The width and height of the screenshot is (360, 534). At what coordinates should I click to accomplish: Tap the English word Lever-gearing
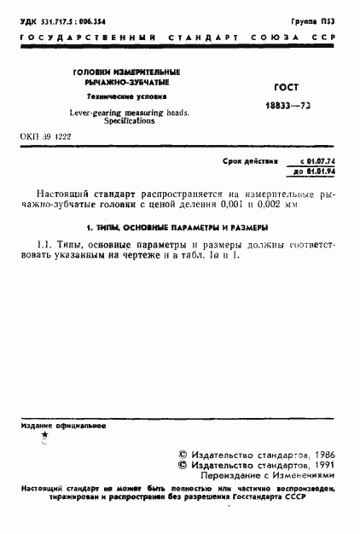click(89, 112)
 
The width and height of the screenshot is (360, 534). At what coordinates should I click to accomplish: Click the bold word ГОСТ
click(284, 86)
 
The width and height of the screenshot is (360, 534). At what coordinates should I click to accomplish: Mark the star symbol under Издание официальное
click(44, 434)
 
